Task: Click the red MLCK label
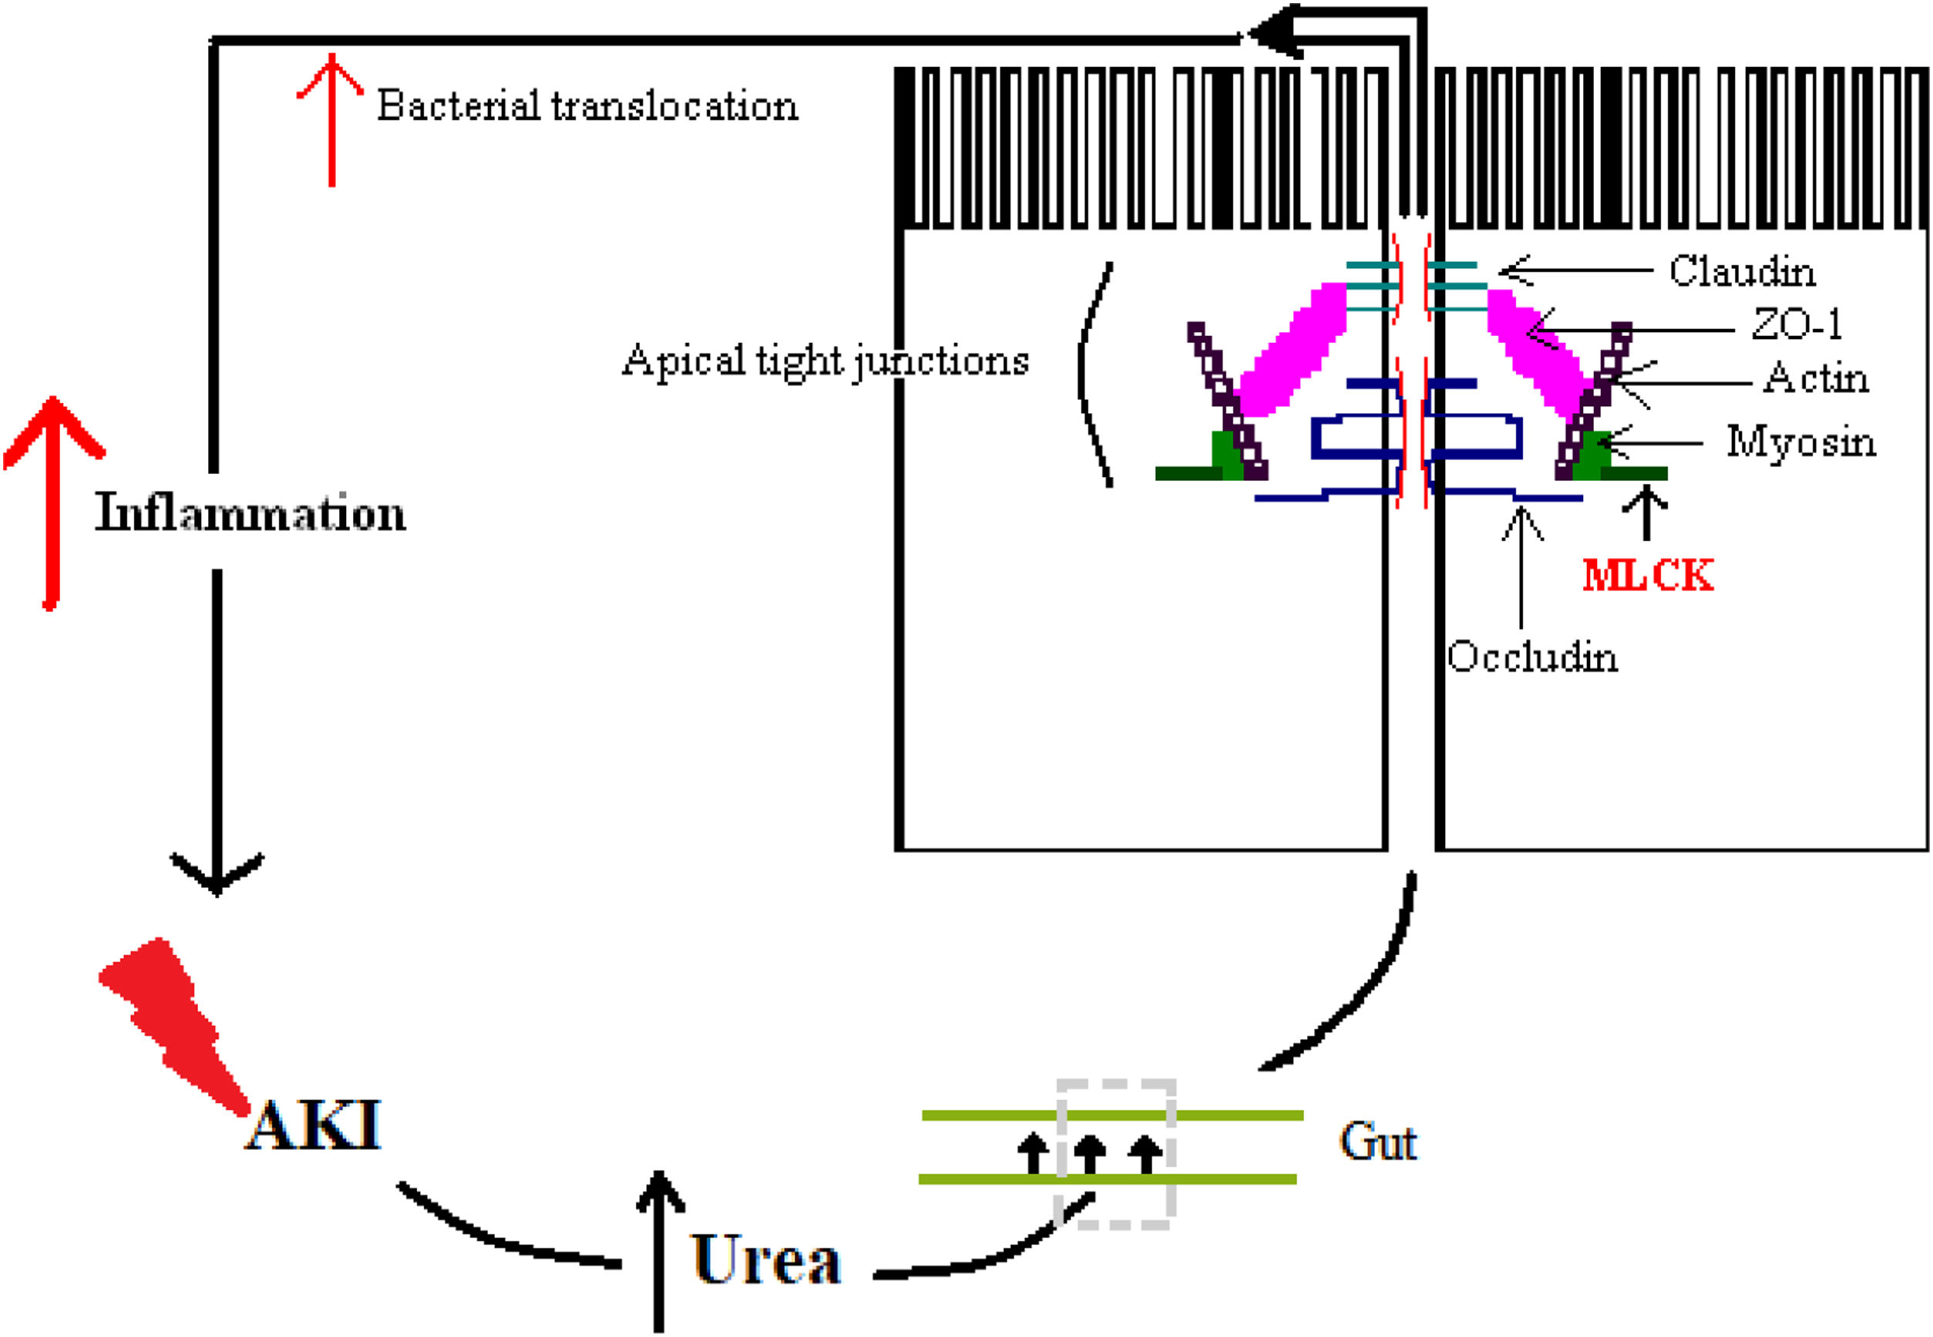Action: click(1647, 576)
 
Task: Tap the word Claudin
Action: click(1742, 271)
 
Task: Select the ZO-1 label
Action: click(1797, 325)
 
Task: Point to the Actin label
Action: click(1816, 378)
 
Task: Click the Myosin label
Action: click(1800, 442)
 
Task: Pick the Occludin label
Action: click(1532, 657)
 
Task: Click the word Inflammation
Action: click(250, 512)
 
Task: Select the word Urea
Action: click(766, 1260)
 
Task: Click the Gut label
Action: click(1377, 1142)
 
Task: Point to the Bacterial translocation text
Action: click(587, 106)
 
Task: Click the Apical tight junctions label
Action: click(825, 362)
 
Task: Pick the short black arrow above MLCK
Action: click(1646, 512)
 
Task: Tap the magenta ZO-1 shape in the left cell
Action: click(1291, 353)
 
